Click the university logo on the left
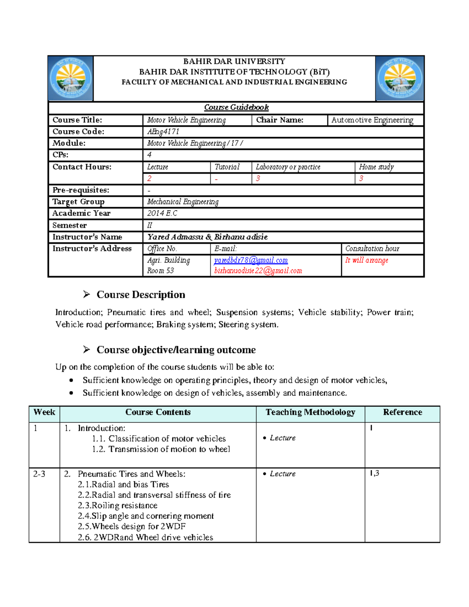click(71, 79)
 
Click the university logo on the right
click(399, 79)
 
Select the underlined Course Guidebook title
click(236, 107)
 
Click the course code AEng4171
click(163, 132)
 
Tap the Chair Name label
click(279, 120)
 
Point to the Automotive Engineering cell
click(372, 120)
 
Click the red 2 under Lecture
click(149, 179)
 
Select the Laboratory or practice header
click(288, 167)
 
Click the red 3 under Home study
click(361, 179)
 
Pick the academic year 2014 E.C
click(162, 213)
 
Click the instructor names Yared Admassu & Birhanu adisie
click(207, 237)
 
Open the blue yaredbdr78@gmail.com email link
click(251, 260)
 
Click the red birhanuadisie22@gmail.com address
click(258, 270)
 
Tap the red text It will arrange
click(367, 260)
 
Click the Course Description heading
click(141, 295)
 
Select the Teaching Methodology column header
click(310, 412)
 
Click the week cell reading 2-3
click(39, 474)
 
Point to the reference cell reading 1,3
click(374, 473)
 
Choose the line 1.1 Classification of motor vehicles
click(159, 439)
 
